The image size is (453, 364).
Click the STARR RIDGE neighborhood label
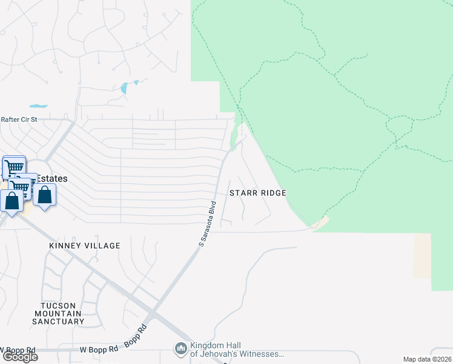tap(257, 192)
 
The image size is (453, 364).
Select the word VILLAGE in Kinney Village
tap(103, 246)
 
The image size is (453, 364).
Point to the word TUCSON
tap(58, 305)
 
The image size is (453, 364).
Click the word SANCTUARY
tap(58, 321)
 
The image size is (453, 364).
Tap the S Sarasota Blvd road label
tap(208, 223)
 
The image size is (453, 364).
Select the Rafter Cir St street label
tap(19, 120)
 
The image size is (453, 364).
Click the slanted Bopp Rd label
tap(139, 334)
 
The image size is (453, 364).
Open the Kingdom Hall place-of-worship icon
tap(180, 349)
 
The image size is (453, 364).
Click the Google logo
tap(19, 357)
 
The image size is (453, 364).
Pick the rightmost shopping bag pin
tap(45, 195)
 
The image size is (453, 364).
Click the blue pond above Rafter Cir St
tap(125, 88)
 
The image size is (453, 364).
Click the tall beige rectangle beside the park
tap(422, 255)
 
